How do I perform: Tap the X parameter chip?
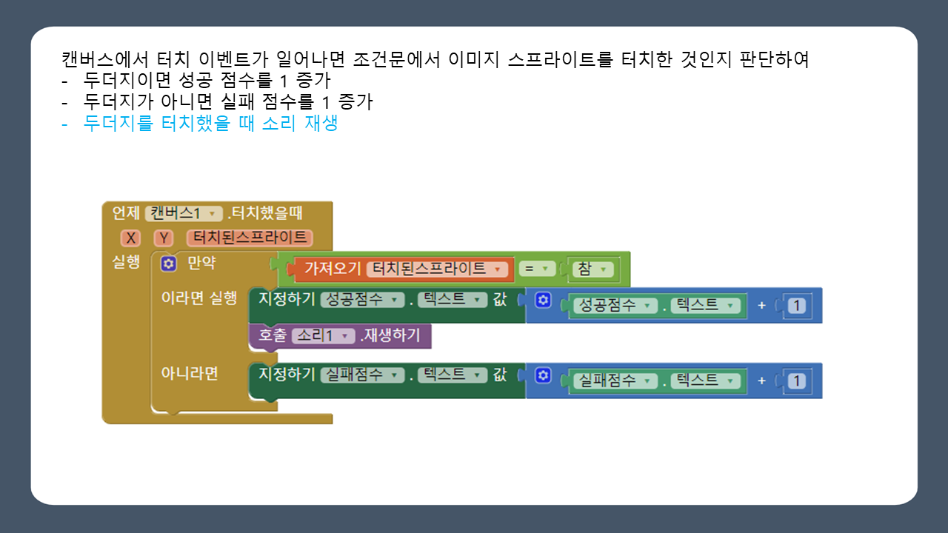coord(130,238)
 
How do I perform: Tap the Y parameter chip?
coord(164,238)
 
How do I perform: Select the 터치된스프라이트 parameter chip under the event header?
coord(249,238)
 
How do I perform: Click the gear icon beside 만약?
coord(169,264)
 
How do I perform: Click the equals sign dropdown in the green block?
coord(537,269)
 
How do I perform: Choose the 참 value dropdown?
coord(593,269)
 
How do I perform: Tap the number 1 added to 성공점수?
coord(796,306)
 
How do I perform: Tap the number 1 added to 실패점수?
coord(796,381)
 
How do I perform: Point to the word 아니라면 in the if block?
coord(190,373)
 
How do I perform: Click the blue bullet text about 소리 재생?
coord(210,124)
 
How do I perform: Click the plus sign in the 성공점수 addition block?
coord(761,306)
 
